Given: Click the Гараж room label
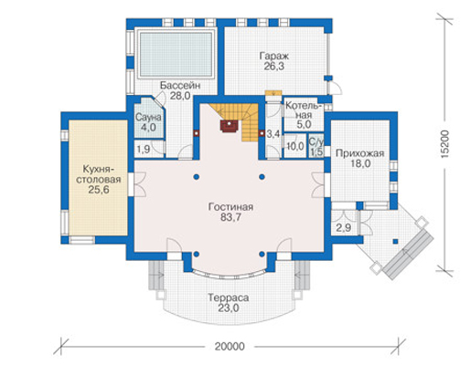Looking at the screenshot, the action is click(273, 56).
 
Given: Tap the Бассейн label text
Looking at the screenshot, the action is click(180, 86).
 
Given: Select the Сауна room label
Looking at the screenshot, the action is click(148, 117).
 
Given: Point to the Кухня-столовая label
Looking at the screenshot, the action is click(99, 174).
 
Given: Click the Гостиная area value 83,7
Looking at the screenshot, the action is click(230, 217).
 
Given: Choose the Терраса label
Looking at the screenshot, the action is click(229, 297).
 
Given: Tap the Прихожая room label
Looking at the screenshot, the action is click(359, 153).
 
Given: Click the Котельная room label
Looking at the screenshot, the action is click(304, 110).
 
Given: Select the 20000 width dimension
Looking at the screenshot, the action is click(230, 347).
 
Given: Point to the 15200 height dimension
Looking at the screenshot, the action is click(445, 144).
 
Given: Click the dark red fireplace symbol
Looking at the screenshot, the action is click(230, 126).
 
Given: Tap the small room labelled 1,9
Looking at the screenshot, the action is click(144, 150).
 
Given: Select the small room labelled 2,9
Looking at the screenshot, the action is click(344, 228).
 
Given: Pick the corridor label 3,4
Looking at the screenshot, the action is click(273, 133).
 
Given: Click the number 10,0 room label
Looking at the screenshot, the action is click(295, 146).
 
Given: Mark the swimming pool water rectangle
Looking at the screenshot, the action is click(176, 54).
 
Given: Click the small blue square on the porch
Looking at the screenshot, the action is click(395, 242).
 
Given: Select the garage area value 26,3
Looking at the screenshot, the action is click(274, 66).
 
